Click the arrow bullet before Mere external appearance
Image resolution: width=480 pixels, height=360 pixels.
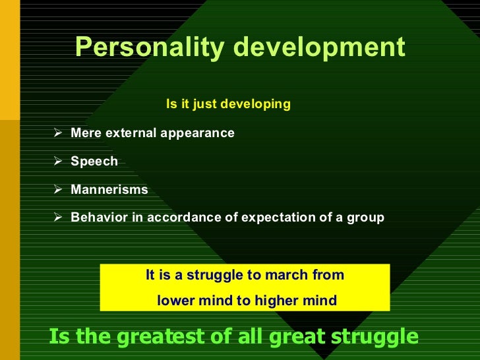pyautogui.click(x=58, y=133)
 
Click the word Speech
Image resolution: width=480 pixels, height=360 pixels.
pyautogui.click(x=94, y=162)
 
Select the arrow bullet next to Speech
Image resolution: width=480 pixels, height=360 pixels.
pyautogui.click(x=58, y=161)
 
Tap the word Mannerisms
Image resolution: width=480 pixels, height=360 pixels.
pyautogui.click(x=109, y=190)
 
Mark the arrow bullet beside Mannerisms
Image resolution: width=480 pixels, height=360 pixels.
pyautogui.click(x=58, y=189)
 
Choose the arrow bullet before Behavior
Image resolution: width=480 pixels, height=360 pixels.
pyautogui.click(x=58, y=217)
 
